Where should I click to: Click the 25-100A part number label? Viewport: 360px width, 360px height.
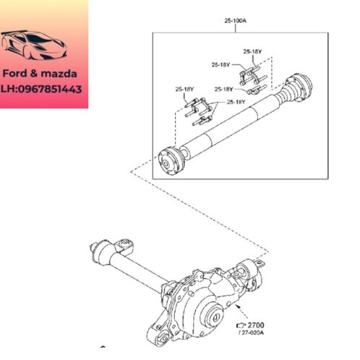235,21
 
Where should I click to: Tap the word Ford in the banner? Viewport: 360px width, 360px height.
14,74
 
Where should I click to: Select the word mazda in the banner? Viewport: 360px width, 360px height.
59,74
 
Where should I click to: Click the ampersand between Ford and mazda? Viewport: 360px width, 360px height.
34,74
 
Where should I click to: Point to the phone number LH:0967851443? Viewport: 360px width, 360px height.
41,89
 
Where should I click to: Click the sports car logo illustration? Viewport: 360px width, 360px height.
34,45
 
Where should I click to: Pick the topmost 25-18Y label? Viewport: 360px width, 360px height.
252,51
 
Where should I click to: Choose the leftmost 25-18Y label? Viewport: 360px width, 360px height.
184,89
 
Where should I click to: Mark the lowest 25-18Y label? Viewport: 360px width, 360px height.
236,102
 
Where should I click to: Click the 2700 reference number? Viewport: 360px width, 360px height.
256,325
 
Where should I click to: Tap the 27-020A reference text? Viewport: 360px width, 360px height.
252,333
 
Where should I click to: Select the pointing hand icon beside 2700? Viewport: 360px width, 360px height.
241,325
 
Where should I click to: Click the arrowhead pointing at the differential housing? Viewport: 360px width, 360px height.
238,307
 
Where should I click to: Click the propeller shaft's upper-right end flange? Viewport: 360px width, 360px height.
299,85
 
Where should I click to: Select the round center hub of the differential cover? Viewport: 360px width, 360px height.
215,317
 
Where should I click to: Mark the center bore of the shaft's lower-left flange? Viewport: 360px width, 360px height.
166,164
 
